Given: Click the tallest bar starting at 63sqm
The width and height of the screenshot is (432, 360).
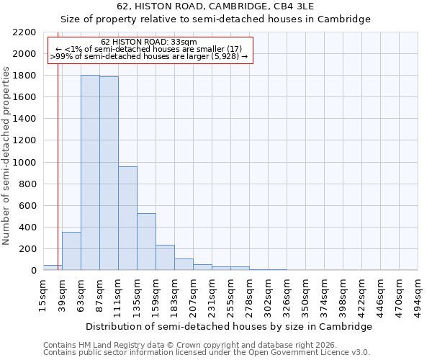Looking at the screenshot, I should tap(90, 173).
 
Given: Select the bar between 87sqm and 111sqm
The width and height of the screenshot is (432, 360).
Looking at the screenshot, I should tap(109, 174).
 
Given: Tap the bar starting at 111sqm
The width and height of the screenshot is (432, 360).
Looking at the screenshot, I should tap(127, 218).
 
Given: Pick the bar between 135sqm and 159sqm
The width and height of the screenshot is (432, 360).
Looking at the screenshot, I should tap(146, 242).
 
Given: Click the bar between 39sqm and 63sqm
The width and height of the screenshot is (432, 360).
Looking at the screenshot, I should tap(71, 251).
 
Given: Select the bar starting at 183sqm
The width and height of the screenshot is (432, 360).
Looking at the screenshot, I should tap(184, 264).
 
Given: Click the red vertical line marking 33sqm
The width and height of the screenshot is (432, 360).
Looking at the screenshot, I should tap(58, 180).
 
